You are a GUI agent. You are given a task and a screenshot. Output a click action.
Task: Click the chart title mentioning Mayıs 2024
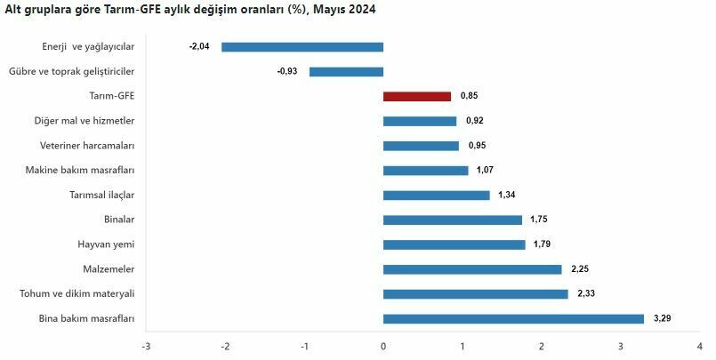(190, 11)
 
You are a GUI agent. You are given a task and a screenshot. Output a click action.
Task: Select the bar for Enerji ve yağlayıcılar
(302, 47)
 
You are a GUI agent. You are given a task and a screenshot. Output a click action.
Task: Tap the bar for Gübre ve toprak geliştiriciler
(346, 72)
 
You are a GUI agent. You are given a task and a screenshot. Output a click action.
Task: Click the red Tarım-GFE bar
(417, 96)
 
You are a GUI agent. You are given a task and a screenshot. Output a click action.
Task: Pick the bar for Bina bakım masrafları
(513, 318)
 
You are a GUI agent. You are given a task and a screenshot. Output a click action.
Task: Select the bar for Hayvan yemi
(454, 244)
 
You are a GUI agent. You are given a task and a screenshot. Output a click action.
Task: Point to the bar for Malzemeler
(472, 269)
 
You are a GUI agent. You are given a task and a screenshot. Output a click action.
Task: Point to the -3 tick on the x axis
(146, 346)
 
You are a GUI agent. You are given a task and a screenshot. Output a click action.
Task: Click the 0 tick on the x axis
(383, 346)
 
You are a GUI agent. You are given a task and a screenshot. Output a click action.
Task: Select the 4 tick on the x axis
(699, 346)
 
